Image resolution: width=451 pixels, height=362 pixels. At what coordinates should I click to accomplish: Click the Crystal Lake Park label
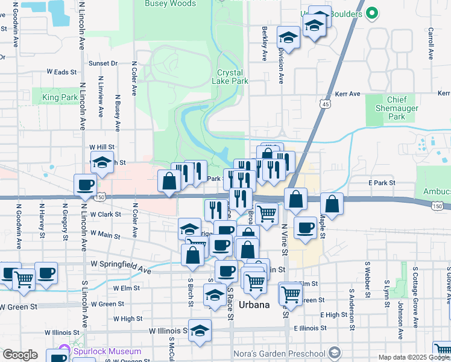232,77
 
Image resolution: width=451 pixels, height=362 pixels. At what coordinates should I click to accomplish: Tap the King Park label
60,97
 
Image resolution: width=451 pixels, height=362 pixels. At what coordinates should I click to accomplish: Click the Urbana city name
253,305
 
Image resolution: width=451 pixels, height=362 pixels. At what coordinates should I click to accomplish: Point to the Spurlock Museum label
107,351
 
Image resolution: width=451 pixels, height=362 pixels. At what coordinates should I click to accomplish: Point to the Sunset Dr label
102,63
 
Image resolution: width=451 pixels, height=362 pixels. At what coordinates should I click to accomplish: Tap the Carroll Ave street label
431,42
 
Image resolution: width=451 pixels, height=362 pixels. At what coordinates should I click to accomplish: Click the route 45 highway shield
325,104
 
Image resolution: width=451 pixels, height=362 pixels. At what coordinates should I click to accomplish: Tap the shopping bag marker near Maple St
332,203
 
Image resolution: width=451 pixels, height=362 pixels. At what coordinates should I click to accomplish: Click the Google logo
20,355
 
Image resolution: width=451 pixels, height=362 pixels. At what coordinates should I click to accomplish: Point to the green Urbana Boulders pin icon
373,12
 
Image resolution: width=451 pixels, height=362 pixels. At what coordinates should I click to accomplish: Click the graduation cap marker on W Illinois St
200,330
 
